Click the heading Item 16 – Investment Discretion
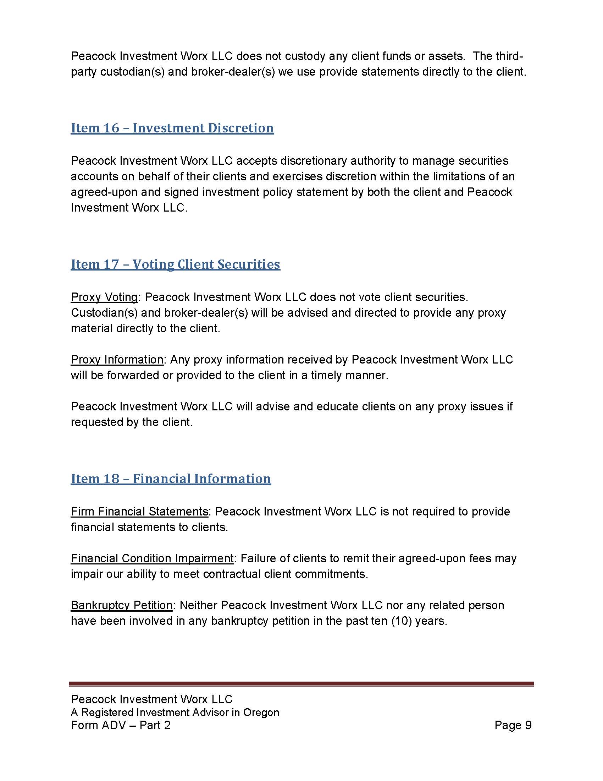coord(172,128)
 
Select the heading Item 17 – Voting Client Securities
coord(175,264)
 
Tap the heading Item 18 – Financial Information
coord(171,479)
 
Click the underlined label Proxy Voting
coord(104,297)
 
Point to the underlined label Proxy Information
coord(117,359)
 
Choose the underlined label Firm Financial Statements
coord(139,512)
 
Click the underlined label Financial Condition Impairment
coord(152,558)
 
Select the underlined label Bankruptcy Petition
coord(122,605)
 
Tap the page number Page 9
coord(513,725)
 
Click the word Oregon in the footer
coord(261,712)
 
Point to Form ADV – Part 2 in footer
coord(121,725)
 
